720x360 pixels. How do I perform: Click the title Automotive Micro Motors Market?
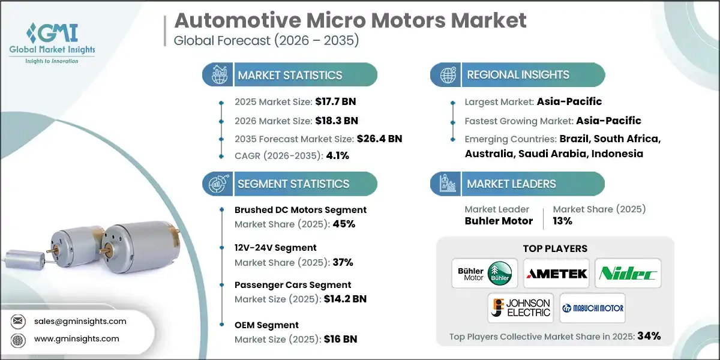(350, 20)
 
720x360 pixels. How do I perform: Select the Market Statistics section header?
(290, 75)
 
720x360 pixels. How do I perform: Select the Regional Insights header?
(518, 75)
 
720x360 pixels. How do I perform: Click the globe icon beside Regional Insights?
(446, 75)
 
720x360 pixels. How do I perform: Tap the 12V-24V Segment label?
(275, 247)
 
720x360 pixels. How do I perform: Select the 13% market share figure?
(562, 221)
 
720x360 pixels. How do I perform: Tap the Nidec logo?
(628, 274)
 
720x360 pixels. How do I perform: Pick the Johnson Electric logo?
(520, 308)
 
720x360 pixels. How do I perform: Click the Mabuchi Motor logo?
(592, 308)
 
